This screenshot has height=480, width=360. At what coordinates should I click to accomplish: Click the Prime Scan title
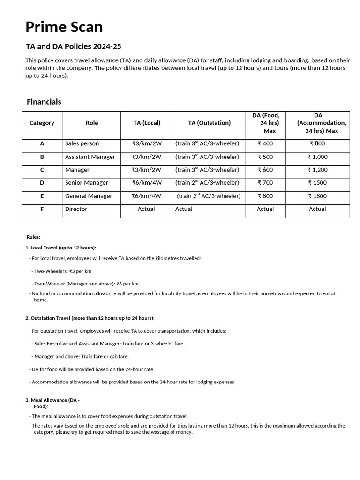(x=64, y=27)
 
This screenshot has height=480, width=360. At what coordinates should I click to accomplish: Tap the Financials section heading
(x=44, y=102)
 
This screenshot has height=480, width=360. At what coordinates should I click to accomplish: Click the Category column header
(x=42, y=123)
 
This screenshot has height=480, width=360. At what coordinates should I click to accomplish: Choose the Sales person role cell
(x=82, y=143)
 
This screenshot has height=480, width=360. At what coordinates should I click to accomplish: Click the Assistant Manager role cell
(x=90, y=157)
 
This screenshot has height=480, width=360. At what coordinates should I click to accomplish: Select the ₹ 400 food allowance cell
(x=265, y=143)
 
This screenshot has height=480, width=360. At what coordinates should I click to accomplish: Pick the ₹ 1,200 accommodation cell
(x=317, y=170)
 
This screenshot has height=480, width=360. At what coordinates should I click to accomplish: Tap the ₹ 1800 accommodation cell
(x=317, y=196)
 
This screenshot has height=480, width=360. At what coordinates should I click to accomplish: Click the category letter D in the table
(x=42, y=183)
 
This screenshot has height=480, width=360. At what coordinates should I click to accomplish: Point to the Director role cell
(x=76, y=209)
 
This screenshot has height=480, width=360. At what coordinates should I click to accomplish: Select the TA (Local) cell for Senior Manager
(x=146, y=183)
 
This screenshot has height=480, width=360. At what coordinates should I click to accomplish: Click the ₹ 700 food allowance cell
(x=265, y=183)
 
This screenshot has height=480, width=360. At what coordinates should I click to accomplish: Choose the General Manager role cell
(x=89, y=196)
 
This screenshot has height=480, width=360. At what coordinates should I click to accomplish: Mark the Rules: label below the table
(x=33, y=237)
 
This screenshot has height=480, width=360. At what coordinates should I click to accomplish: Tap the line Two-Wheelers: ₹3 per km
(x=63, y=271)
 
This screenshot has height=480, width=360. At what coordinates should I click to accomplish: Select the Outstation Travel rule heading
(x=90, y=318)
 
